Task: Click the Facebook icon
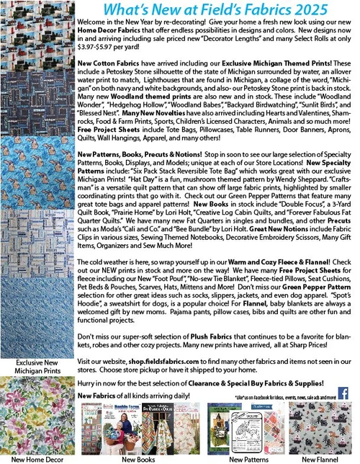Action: (343, 393)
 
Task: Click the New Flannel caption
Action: (320, 458)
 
